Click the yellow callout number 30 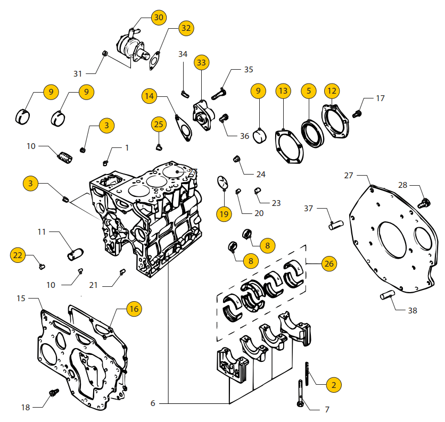pyautogui.click(x=159, y=18)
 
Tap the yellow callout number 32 pyautogui.click(x=185, y=28)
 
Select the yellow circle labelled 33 pyautogui.click(x=201, y=63)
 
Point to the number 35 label pyautogui.click(x=249, y=70)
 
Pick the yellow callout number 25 pyautogui.click(x=159, y=125)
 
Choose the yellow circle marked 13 pyautogui.click(x=283, y=91)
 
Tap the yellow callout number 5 pyautogui.click(x=309, y=91)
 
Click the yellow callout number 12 pyautogui.click(x=332, y=91)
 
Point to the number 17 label pyautogui.click(x=380, y=98)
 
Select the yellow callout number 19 pyautogui.click(x=224, y=214)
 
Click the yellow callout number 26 pyautogui.click(x=329, y=263)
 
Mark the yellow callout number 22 pyautogui.click(x=18, y=255)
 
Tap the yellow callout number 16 pyautogui.click(x=134, y=309)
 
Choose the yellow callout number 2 pyautogui.click(x=333, y=384)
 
